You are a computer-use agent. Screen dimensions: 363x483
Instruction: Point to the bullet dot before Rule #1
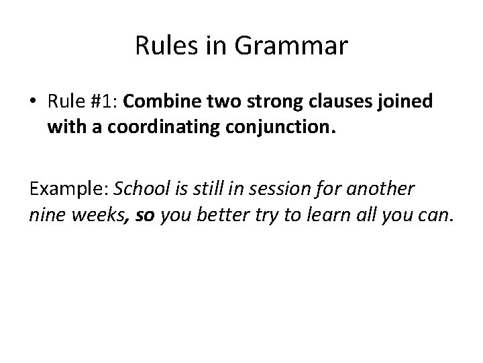tap(32, 102)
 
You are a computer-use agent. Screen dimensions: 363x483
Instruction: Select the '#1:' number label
tap(104, 102)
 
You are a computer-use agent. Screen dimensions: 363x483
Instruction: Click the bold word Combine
tap(156, 102)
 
